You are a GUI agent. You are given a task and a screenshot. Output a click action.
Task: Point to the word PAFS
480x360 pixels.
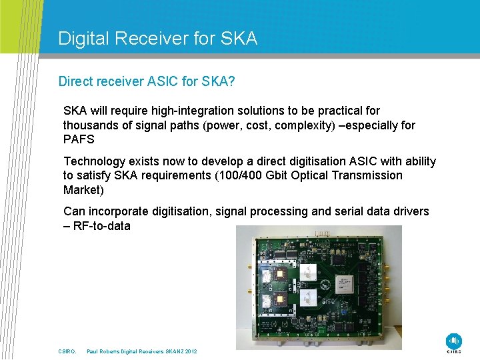click(x=79, y=139)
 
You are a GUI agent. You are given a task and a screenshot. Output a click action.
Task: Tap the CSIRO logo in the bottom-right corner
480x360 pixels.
click(x=453, y=341)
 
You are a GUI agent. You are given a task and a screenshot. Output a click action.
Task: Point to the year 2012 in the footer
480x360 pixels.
click(x=191, y=351)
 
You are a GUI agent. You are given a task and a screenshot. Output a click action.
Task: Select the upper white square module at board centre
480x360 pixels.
click(x=309, y=271)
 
